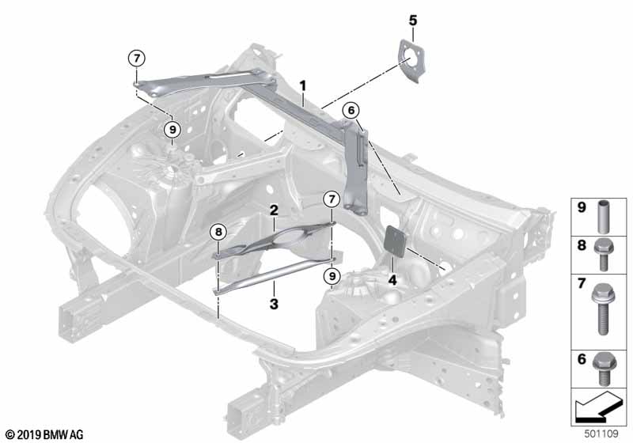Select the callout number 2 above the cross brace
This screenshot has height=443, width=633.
273,210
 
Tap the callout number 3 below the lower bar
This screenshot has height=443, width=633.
273,303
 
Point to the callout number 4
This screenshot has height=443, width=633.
392,278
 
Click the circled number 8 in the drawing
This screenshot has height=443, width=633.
218,232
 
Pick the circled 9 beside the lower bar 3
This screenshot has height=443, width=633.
332,275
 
